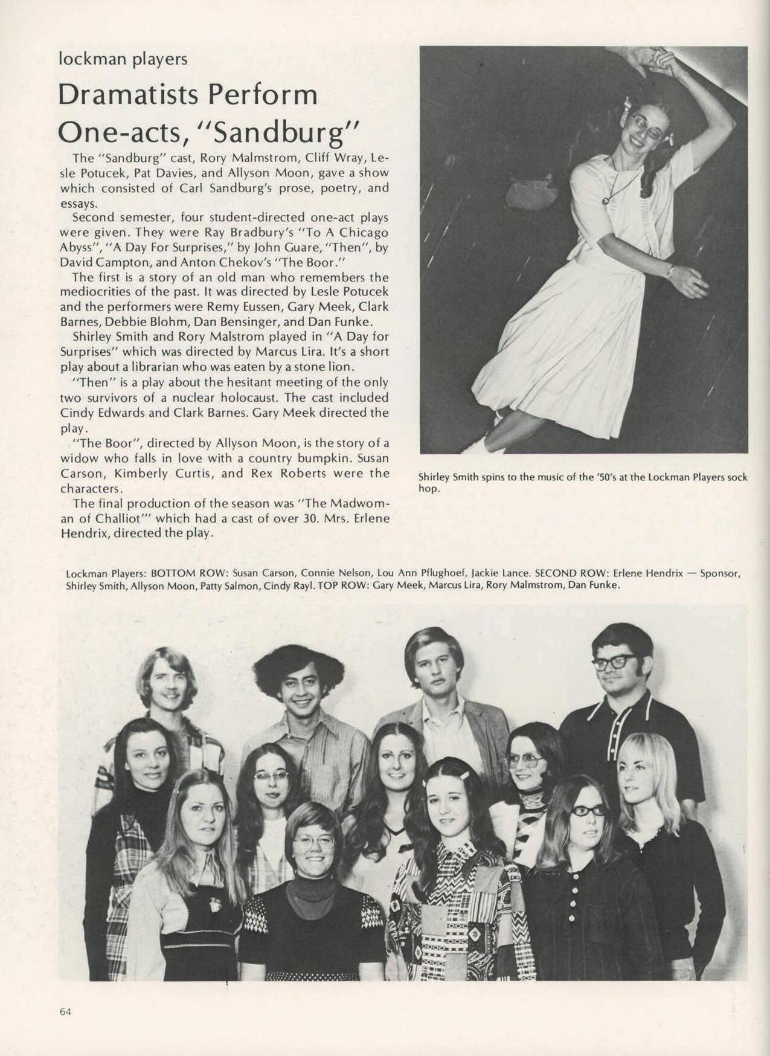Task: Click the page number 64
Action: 65,1011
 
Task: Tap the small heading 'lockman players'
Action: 123,59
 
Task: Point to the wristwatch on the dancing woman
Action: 670,272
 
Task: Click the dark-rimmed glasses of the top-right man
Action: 614,662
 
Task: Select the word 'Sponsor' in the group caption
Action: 719,573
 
